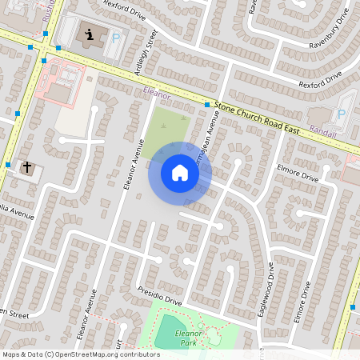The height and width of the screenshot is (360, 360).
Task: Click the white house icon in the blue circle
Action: [x=179, y=173]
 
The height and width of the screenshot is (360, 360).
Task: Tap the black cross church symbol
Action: [x=27, y=168]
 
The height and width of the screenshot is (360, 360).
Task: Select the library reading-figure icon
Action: [x=89, y=34]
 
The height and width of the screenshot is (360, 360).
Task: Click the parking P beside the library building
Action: [x=115, y=38]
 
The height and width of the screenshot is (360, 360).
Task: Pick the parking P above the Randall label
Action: [x=342, y=114]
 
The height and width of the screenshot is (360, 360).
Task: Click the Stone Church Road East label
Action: [x=258, y=113]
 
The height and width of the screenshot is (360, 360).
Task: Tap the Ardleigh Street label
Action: [x=145, y=55]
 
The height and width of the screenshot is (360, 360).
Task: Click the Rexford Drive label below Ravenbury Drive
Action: [x=319, y=79]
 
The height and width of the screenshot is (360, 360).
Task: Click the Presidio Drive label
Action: [x=159, y=295]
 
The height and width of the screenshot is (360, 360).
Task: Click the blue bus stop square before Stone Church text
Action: [x=206, y=105]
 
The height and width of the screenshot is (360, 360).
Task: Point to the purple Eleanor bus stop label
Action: [x=157, y=94]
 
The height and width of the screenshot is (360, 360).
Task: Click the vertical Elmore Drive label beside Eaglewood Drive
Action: [x=306, y=300]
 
